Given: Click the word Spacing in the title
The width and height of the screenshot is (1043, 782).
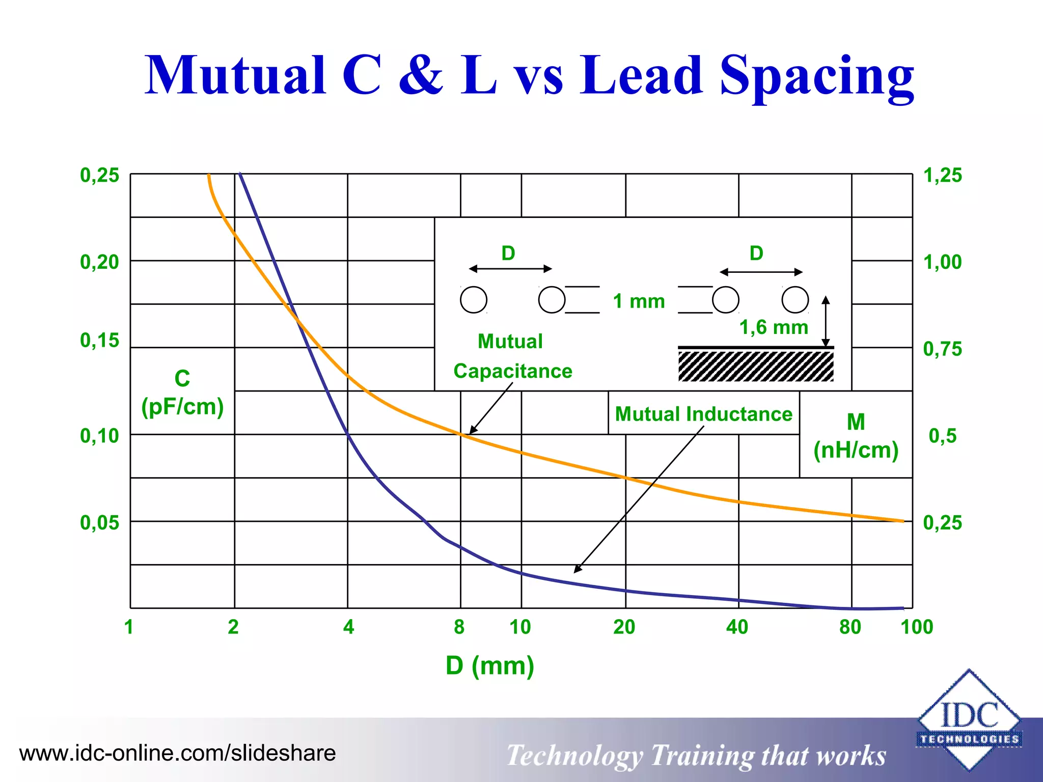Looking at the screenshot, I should pos(816,76).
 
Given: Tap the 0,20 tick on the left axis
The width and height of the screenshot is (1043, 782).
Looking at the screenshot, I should pos(99,262).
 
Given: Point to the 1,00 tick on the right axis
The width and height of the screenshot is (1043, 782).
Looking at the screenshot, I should pos(943,262).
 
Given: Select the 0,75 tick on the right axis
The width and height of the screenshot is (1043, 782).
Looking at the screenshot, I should pos(943,349).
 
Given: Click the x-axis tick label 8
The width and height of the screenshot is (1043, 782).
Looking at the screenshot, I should pos(459,627).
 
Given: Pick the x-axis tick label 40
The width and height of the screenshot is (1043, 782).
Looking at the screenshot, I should pos(737,627).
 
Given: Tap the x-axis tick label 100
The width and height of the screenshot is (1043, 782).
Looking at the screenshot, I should pos(917,627).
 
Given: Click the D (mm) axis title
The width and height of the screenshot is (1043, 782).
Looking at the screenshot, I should pos(490,666).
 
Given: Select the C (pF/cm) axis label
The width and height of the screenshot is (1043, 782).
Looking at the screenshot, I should pos(182,393).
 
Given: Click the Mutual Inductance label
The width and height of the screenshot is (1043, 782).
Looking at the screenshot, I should pos(704,414).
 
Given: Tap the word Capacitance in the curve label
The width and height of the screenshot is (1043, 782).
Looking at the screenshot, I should pos(513,371).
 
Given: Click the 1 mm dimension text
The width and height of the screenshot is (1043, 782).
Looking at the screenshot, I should pos(639,301).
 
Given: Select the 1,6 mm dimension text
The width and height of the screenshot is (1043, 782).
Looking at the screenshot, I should pos(774,327).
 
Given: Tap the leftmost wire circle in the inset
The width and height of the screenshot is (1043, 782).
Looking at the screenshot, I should pos(474,299).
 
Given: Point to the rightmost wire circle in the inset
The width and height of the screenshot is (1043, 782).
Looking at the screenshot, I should pos(795,299).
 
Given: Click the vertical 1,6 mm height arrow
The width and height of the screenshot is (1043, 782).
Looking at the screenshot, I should pos(826,322).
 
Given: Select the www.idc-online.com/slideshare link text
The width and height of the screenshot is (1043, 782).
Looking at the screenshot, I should pos(178,753).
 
